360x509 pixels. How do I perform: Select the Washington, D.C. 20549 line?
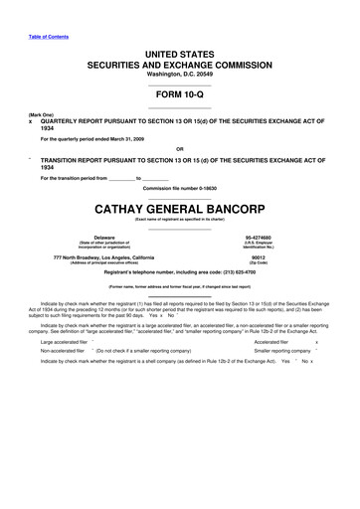(x=179, y=75)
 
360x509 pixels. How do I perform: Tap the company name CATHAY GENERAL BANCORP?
(x=179, y=211)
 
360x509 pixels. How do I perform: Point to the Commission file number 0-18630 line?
(x=179, y=188)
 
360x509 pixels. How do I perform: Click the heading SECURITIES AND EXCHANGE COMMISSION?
(x=179, y=63)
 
